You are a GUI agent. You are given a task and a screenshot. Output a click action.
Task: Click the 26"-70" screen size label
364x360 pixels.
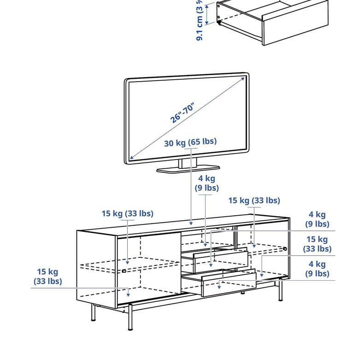(x=183, y=112)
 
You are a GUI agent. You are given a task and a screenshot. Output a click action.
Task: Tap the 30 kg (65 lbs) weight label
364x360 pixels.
(x=190, y=142)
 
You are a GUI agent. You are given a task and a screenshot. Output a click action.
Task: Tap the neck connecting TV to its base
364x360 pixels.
(x=188, y=163)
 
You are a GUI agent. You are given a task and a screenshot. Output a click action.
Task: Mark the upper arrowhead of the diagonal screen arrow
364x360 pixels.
(x=242, y=79)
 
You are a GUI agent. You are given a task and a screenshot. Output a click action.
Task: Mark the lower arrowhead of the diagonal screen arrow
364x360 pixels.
(x=132, y=158)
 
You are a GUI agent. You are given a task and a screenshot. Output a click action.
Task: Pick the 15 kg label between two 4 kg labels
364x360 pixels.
(x=317, y=244)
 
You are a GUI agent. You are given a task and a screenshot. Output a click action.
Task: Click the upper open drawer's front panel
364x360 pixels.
(x=220, y=261)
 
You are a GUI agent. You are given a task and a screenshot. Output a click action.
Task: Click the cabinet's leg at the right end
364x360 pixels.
(x=280, y=290)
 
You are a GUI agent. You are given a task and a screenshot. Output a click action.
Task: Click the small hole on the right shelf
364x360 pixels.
(x=285, y=249)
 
